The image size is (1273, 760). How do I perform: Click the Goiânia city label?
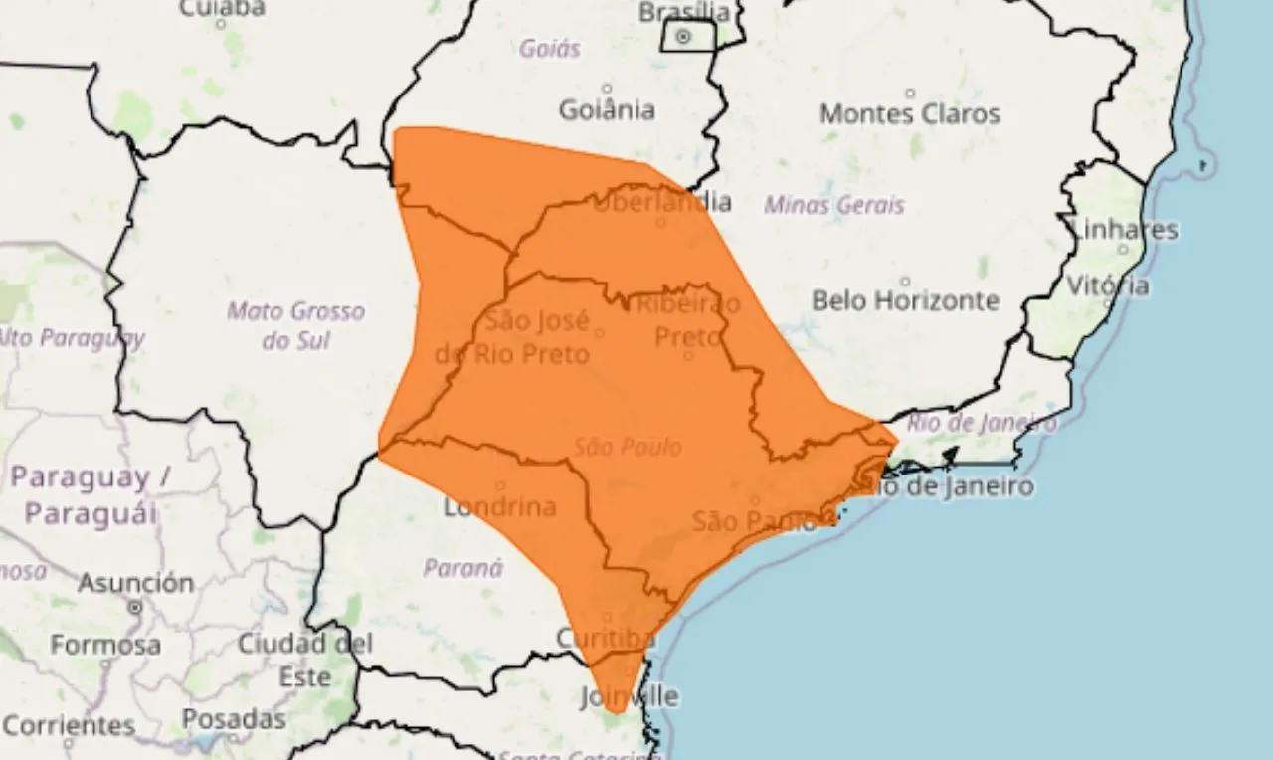pyautogui.click(x=607, y=108)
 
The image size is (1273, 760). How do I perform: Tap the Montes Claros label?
pyautogui.click(x=909, y=113)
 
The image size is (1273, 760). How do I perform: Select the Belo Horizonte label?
pyautogui.click(x=905, y=299)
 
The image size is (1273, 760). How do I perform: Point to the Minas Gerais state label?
pyautogui.click(x=834, y=205)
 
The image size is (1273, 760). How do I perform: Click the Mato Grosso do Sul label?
pyautogui.click(x=295, y=325)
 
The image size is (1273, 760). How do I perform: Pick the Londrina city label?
pyautogui.click(x=499, y=507)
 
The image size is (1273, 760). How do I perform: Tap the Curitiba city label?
pyautogui.click(x=606, y=637)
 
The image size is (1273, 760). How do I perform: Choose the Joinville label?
pyautogui.click(x=630, y=696)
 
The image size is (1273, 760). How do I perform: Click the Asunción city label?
pyautogui.click(x=135, y=583)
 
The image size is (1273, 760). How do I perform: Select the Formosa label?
pyautogui.click(x=104, y=645)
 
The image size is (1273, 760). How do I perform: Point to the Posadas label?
pyautogui.click(x=234, y=718)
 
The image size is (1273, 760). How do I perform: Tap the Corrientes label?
pyautogui.click(x=69, y=725)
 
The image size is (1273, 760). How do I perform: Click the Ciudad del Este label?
pyautogui.click(x=304, y=660)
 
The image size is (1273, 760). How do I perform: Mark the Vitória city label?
pyautogui.click(x=1108, y=285)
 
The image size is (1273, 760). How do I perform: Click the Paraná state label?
pyautogui.click(x=462, y=568)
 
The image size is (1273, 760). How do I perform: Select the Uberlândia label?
pyautogui.click(x=662, y=202)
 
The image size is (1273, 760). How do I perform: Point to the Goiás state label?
pyautogui.click(x=550, y=47)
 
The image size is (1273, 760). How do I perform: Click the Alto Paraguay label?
pyautogui.click(x=70, y=338)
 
